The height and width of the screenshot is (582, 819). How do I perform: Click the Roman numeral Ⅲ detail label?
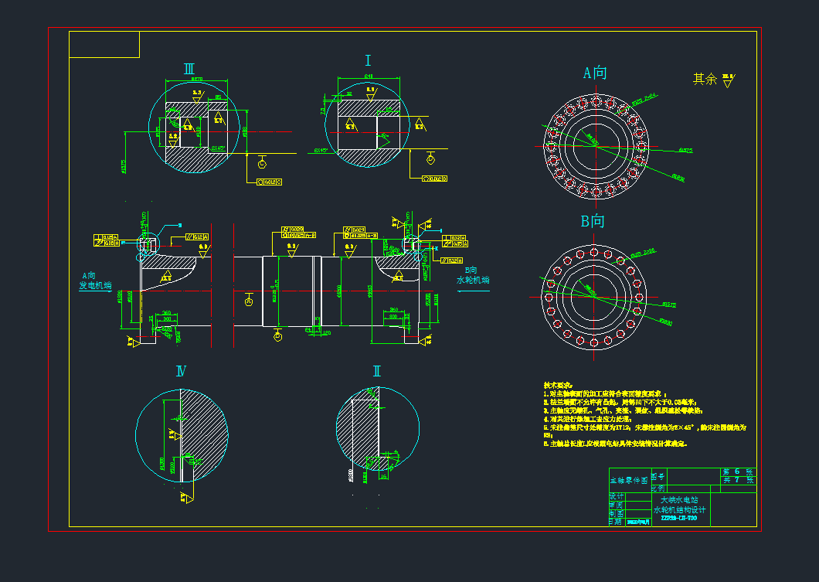(189, 69)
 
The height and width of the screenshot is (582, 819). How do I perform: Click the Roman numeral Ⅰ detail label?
(369, 61)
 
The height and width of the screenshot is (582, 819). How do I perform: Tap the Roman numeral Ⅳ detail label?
(181, 372)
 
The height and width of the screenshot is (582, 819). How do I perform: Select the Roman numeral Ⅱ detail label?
(376, 371)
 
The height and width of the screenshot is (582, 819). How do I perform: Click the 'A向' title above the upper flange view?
(594, 73)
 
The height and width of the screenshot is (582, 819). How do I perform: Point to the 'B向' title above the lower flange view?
(593, 222)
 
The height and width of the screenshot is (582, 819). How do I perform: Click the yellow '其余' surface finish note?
(705, 79)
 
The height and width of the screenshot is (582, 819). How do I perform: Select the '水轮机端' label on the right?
(473, 281)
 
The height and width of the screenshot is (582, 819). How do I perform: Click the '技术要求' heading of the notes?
(558, 385)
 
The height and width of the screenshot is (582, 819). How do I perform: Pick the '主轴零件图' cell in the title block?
(629, 481)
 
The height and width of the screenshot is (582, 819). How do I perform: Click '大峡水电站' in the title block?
(680, 500)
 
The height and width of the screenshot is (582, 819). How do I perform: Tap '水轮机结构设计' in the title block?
(680, 510)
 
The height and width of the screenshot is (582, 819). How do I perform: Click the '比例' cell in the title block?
(658, 488)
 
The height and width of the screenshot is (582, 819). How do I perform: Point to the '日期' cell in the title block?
(616, 522)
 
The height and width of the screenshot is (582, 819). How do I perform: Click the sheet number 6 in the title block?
(737, 471)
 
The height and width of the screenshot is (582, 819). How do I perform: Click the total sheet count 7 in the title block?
(737, 481)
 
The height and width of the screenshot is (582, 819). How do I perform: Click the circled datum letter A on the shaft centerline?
(248, 301)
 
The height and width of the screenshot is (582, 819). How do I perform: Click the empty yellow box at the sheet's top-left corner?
(104, 45)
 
